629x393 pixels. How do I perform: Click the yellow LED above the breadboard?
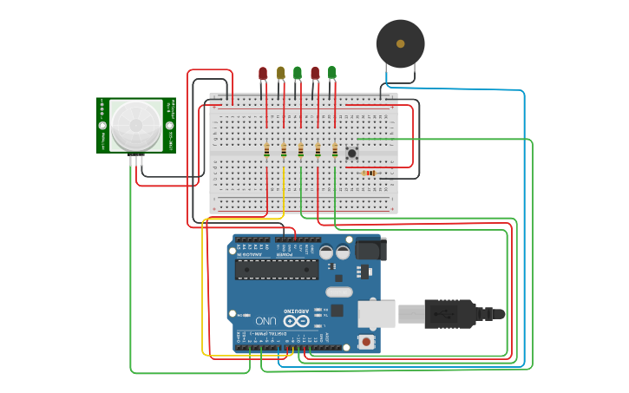[280, 73]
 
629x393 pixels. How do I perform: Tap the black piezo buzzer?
[400, 43]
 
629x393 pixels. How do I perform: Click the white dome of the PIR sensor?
[136, 125]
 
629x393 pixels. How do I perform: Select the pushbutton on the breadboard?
[352, 154]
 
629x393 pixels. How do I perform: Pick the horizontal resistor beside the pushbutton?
[370, 173]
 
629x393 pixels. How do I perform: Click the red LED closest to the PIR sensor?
[263, 74]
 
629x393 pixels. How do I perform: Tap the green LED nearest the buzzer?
[331, 73]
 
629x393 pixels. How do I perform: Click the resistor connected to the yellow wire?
[284, 151]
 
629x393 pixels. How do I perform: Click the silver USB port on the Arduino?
[376, 313]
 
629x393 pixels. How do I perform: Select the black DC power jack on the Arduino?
[370, 249]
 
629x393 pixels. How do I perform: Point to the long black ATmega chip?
[277, 269]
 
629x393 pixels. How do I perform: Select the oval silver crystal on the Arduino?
[339, 292]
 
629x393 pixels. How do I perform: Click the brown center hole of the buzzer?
[400, 43]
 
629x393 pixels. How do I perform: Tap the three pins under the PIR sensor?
[136, 160]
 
